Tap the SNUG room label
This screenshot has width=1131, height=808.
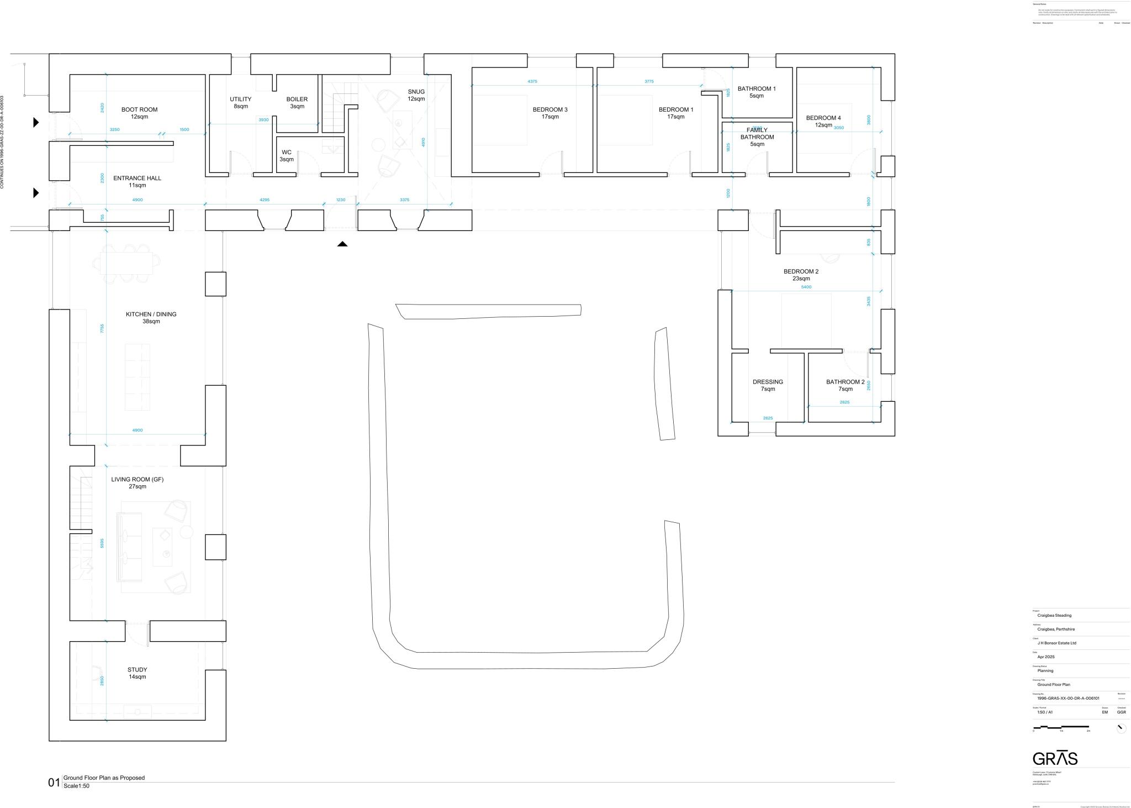(416, 95)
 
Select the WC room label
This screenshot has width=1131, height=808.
(287, 156)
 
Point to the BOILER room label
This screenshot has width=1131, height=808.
(297, 103)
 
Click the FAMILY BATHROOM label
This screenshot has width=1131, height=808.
(757, 137)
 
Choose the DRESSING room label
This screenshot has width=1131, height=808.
(768, 385)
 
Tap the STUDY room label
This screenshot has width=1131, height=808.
(138, 673)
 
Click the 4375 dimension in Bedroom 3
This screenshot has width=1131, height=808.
(532, 81)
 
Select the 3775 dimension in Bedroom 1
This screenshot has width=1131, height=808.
(649, 81)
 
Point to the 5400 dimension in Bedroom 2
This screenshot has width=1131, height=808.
(806, 287)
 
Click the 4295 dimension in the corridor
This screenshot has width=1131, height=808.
(265, 200)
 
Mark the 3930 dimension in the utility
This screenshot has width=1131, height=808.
(263, 119)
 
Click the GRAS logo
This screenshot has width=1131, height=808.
(1055, 758)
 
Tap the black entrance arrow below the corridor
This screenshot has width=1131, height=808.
(342, 244)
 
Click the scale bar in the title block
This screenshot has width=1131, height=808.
(1060, 727)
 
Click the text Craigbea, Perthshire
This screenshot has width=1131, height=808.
(1056, 629)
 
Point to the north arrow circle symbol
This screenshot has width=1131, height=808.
(1121, 728)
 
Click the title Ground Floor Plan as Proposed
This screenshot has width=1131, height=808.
(104, 778)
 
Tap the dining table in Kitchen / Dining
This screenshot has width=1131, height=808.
(126, 263)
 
